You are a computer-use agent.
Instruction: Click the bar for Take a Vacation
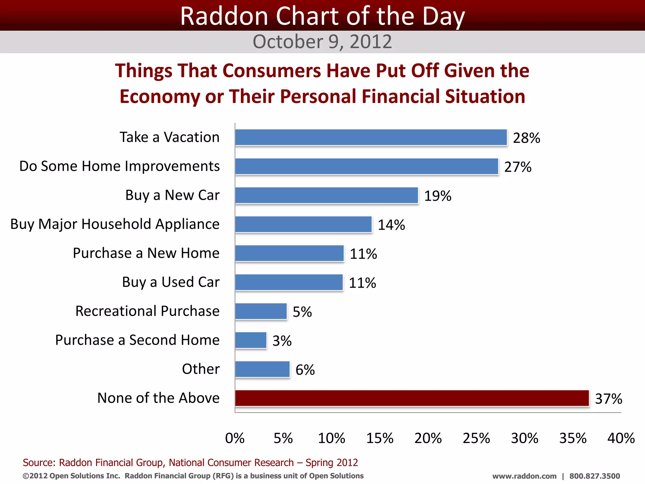[371, 137]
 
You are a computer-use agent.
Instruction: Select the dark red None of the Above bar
[412, 398]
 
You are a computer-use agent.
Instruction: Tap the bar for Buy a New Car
[327, 195]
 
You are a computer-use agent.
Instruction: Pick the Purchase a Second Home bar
[251, 340]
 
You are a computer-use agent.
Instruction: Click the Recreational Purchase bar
[261, 311]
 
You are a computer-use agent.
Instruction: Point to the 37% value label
[608, 399]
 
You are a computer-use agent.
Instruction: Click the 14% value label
[391, 225]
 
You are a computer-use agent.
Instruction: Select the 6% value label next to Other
[305, 370]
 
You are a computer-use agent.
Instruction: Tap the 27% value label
[518, 167]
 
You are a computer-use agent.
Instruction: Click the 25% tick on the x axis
[476, 438]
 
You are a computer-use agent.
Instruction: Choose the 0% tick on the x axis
[235, 438]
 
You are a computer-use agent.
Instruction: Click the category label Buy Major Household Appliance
[115, 224]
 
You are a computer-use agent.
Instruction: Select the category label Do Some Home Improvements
[119, 166]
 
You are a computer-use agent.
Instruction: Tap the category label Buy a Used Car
[171, 282]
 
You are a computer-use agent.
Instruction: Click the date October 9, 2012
[322, 42]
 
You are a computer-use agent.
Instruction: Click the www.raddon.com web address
[524, 476]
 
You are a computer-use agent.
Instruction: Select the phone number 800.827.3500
[595, 476]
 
